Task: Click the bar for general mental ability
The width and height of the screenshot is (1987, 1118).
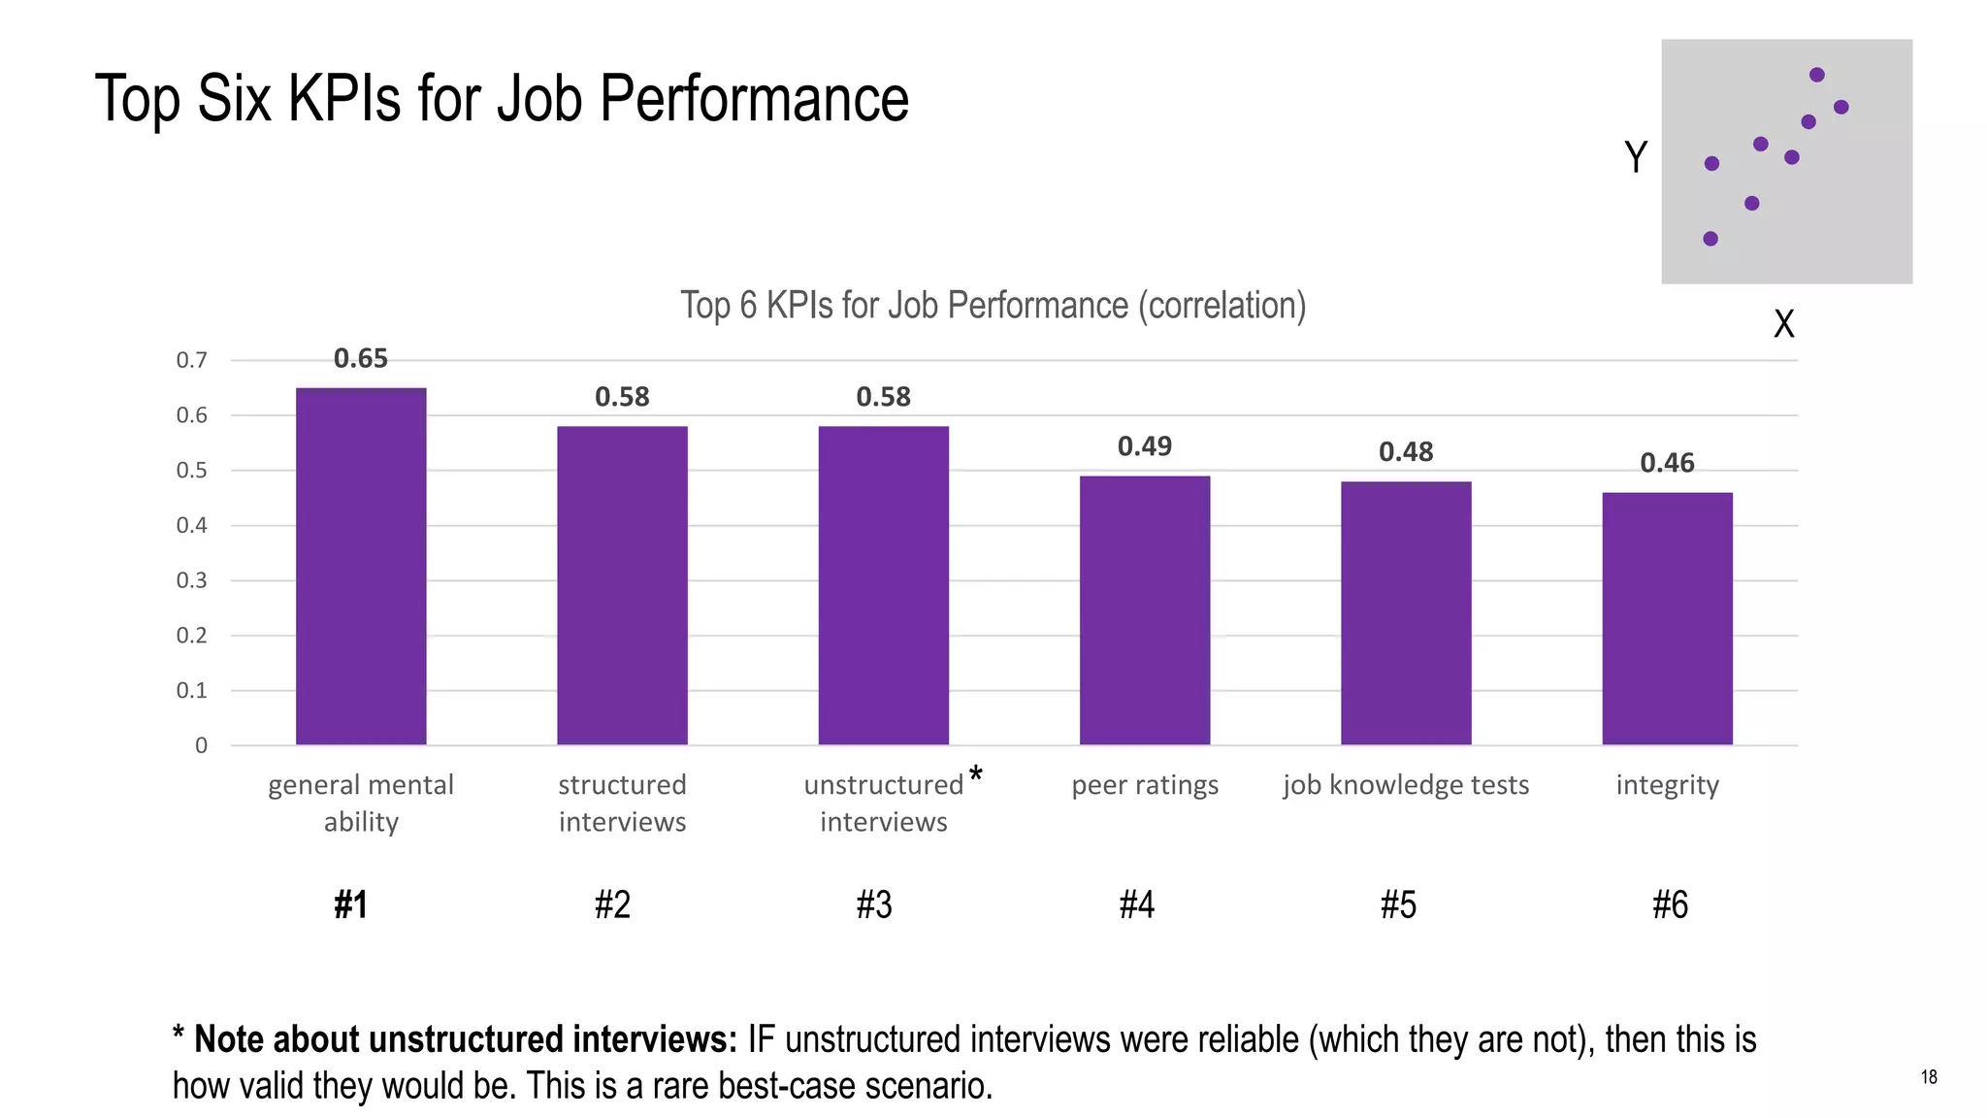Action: point(361,567)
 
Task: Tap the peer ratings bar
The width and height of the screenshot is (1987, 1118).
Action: point(1145,610)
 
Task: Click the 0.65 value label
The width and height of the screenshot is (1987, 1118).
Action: point(361,359)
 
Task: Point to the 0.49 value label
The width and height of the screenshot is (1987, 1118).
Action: point(1145,446)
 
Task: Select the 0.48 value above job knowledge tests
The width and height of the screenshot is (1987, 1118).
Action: point(1406,452)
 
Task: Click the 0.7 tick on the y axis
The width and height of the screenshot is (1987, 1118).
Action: point(191,360)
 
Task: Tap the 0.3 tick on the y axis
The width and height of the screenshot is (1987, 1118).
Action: point(191,580)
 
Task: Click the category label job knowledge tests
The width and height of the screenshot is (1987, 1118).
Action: point(1406,784)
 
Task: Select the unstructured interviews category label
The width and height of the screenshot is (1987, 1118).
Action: point(883,803)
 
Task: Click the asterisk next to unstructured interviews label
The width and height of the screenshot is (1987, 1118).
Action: point(976,774)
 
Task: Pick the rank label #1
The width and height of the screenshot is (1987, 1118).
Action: point(350,904)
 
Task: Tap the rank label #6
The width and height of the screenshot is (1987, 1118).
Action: point(1670,904)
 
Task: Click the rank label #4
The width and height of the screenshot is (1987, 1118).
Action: point(1136,904)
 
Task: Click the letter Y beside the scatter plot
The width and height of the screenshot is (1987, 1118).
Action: point(1636,157)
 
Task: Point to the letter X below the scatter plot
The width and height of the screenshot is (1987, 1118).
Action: point(1783,323)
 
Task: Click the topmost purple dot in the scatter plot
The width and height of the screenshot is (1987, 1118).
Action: point(1817,75)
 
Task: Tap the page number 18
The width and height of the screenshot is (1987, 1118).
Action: point(1929,1077)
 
